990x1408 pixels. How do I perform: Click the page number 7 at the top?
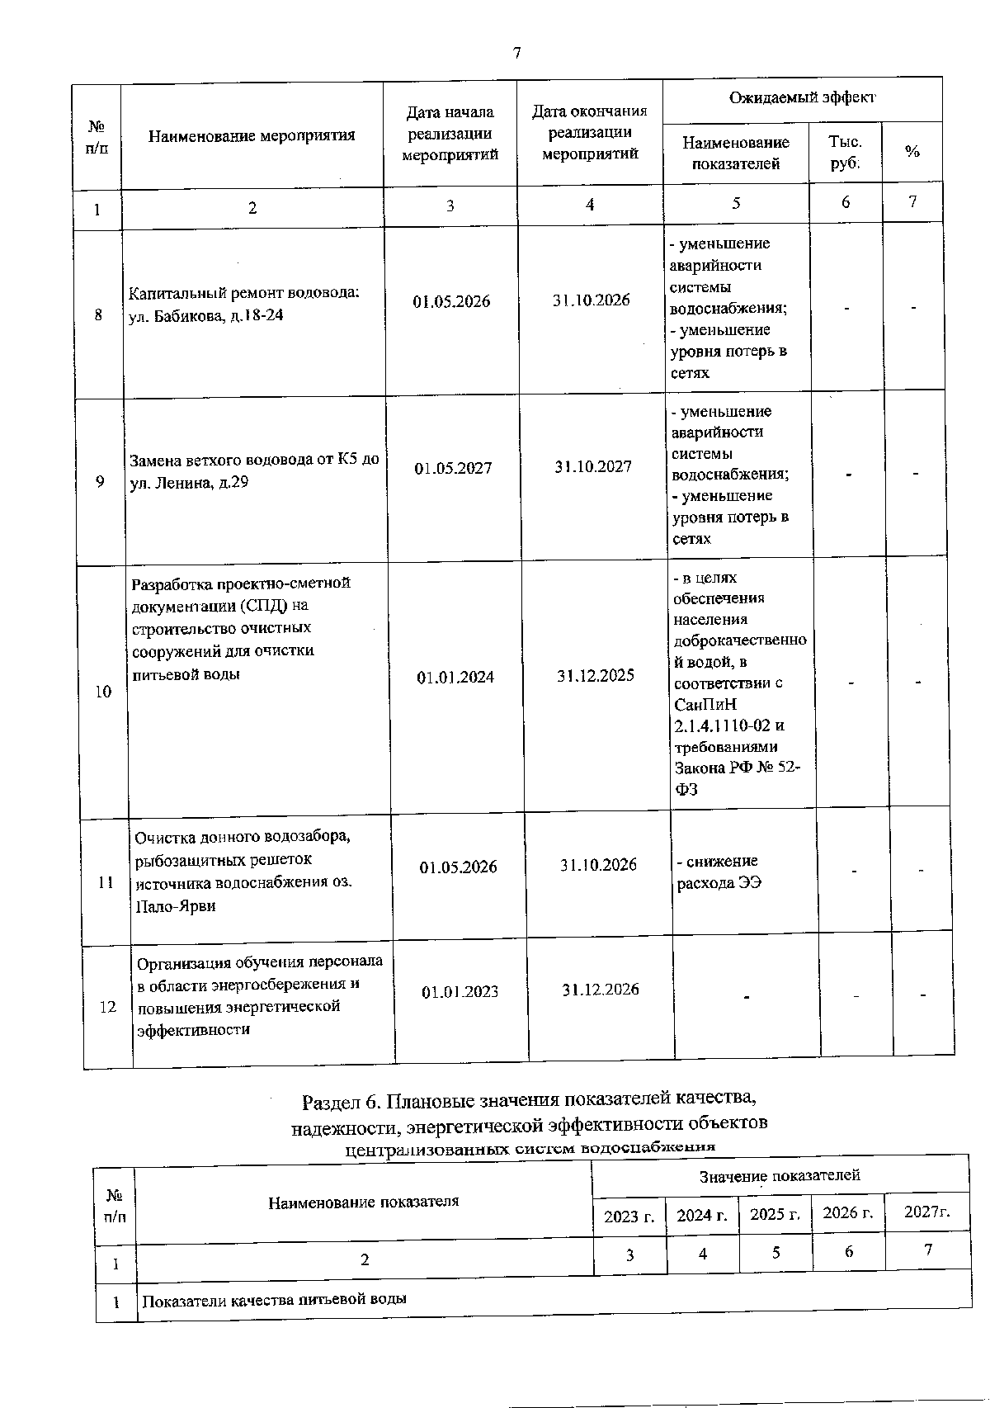[517, 54]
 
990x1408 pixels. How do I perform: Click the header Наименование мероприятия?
[252, 135]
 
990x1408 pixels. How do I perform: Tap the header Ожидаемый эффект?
[802, 98]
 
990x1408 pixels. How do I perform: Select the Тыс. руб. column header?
[845, 153]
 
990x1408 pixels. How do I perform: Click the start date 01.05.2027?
[453, 469]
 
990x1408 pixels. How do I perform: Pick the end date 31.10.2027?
[593, 467]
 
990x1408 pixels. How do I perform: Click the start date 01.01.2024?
[455, 678]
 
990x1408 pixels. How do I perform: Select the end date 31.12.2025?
[596, 676]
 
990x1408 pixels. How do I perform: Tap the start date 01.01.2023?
[460, 992]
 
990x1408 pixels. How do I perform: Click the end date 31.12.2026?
[601, 990]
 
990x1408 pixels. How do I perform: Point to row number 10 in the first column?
[103, 692]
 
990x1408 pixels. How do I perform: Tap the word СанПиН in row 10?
[705, 705]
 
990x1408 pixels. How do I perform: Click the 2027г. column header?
[927, 1212]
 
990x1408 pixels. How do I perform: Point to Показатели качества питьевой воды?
[274, 1300]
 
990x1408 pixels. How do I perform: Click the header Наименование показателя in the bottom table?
[363, 1202]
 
